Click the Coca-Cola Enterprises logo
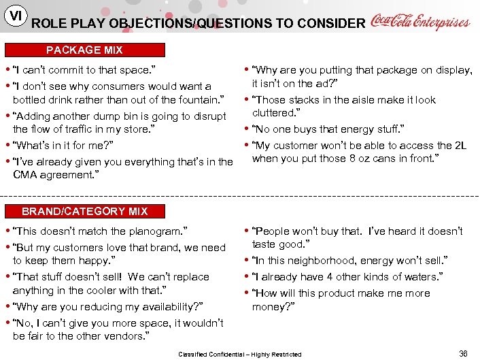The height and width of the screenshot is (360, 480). [x=419, y=22]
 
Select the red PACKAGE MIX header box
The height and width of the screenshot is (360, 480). [x=85, y=50]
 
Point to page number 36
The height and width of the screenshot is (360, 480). [x=463, y=353]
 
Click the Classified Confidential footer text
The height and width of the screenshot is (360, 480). [x=239, y=354]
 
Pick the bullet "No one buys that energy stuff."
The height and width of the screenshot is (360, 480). [x=328, y=129]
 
